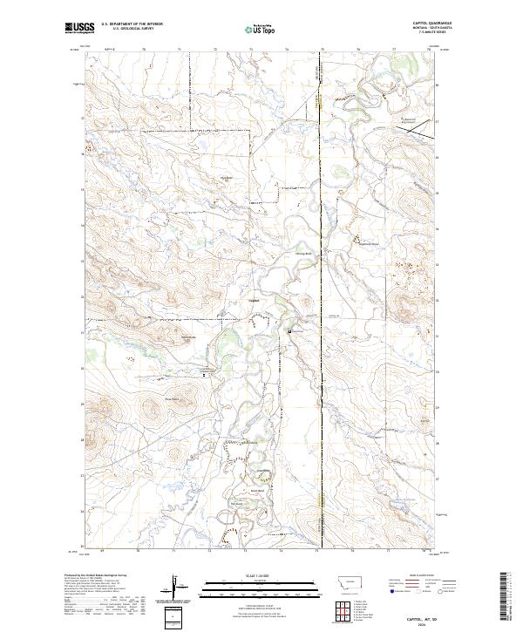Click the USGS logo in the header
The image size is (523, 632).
coord(79,29)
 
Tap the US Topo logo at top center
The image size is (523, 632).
coord(258,29)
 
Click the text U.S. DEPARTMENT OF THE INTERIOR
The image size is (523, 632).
coord(132,24)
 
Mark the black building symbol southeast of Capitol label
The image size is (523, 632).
coord(289,330)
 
